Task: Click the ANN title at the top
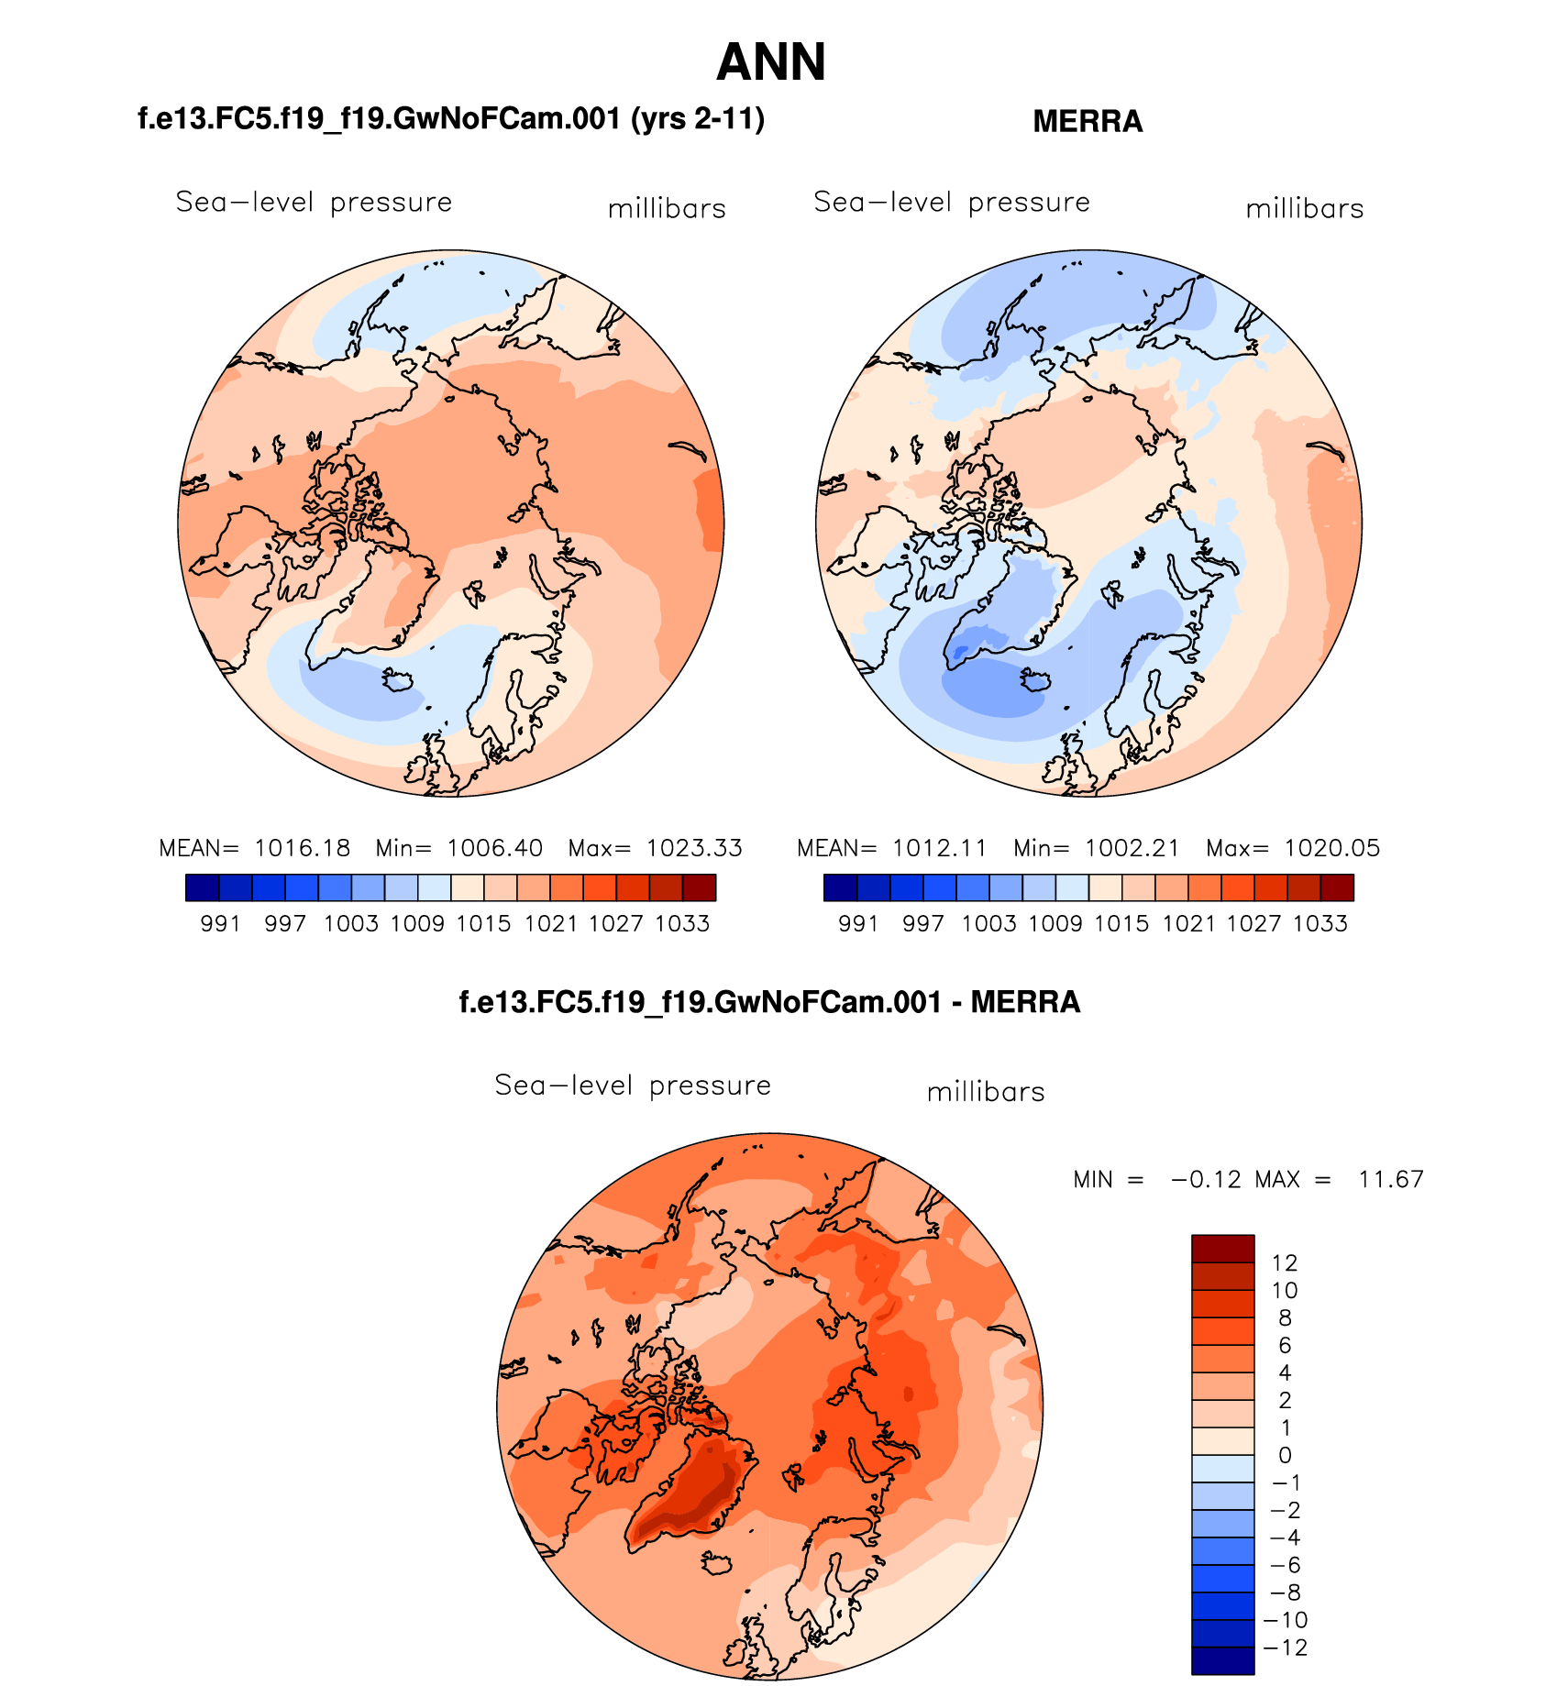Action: coord(771,62)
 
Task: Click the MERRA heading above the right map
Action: coord(1088,122)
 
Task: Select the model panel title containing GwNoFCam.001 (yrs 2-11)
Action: coord(451,119)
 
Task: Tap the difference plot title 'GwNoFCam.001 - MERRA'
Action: coord(769,1002)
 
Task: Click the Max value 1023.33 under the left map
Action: coord(694,848)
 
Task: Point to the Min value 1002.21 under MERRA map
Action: coord(1132,848)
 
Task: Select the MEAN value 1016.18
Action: coord(302,848)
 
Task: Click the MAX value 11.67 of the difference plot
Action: coord(1391,1179)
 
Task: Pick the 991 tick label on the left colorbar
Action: coord(220,923)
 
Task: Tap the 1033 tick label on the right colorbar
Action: coord(1320,923)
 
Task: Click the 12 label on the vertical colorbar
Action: coord(1285,1263)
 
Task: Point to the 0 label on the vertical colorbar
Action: coord(1285,1455)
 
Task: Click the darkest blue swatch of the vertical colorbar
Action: coord(1222,1660)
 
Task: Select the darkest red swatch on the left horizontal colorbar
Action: coord(699,887)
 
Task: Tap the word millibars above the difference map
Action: coord(986,1092)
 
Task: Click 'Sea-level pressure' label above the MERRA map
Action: coord(952,202)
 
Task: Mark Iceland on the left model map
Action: coord(400,680)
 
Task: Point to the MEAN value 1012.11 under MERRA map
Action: coord(940,848)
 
